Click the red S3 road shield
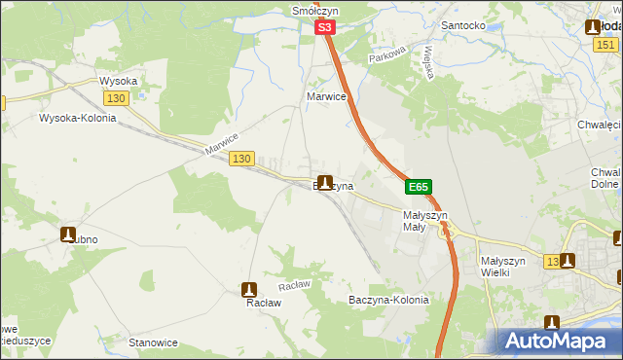coord(325,31)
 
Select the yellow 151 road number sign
coord(605,46)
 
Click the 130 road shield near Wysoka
coord(116,99)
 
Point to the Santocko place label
coord(463,25)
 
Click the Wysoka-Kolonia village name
coord(77,119)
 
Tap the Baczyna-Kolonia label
coord(388,300)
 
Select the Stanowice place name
coord(153,342)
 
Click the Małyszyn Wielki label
coord(504,267)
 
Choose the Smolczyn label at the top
coord(314,11)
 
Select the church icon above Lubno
coord(69,234)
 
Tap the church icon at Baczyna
coord(324,182)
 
